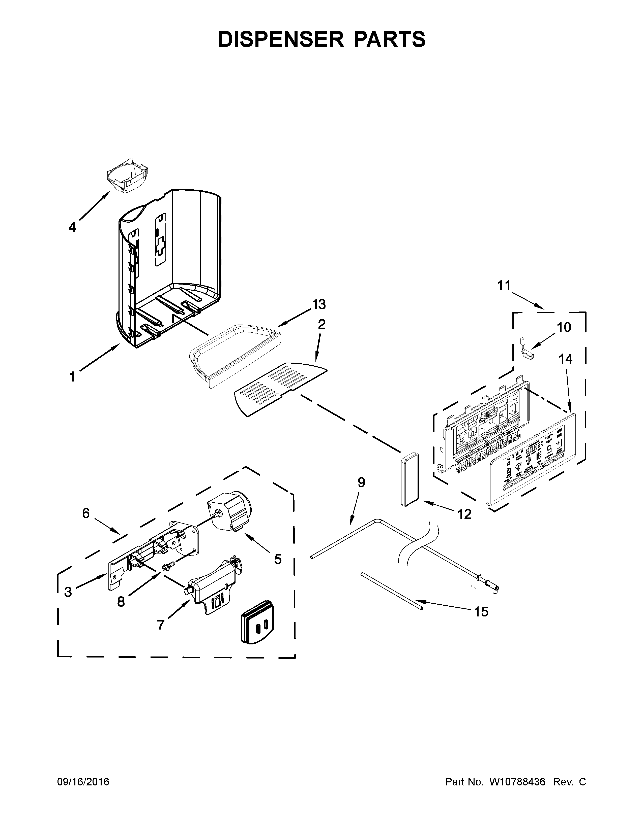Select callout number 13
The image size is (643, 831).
[x=319, y=304]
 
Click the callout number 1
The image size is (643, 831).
[x=72, y=377]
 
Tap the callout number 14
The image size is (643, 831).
[x=566, y=359]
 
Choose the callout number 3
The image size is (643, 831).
[x=68, y=592]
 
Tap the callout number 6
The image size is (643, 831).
[x=86, y=513]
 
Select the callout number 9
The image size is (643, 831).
[x=361, y=482]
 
